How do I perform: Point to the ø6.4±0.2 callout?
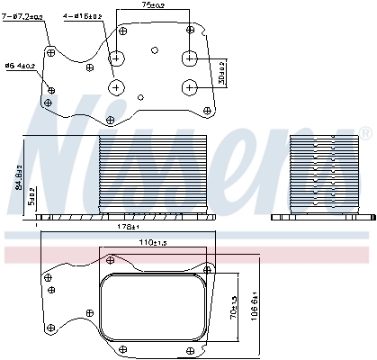[x=20, y=65]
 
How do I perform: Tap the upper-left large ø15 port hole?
[x=118, y=59]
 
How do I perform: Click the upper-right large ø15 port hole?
[x=190, y=58]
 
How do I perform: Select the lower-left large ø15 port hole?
[x=118, y=87]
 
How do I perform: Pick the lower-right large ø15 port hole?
[x=190, y=86]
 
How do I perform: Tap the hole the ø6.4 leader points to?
[x=51, y=91]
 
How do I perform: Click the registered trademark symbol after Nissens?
[x=364, y=133]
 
